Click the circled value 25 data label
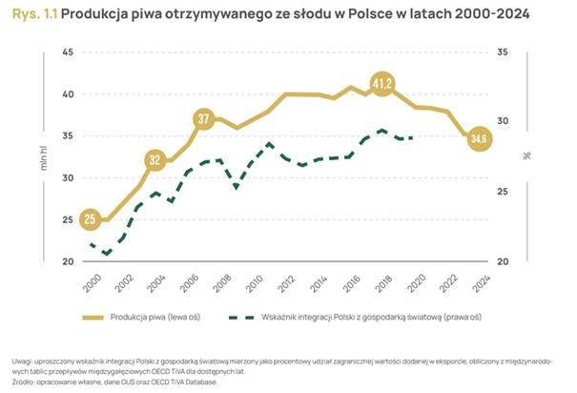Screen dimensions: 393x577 tap(90, 220)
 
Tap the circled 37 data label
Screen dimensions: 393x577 tap(204, 119)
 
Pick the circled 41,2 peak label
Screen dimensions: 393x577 tap(382, 84)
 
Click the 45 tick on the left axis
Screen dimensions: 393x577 tap(67, 52)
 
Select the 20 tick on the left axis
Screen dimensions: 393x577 tap(67, 261)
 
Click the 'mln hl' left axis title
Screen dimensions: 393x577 tap(44, 156)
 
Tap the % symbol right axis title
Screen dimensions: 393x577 tap(526, 155)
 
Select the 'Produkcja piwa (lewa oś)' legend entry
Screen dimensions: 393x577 tap(155, 316)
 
